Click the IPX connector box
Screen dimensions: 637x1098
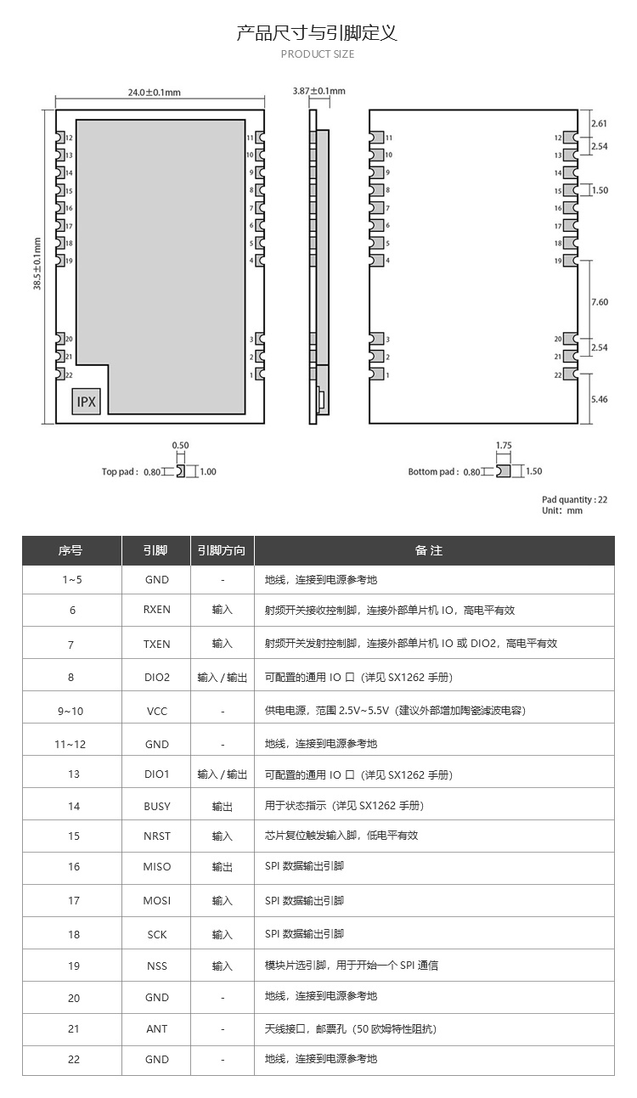click(87, 402)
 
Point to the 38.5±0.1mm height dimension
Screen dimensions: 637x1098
click(37, 264)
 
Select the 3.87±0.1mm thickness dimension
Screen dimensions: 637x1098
click(318, 91)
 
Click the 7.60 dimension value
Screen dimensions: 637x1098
click(599, 302)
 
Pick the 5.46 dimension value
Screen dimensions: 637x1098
click(599, 399)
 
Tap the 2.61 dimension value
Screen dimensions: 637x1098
click(599, 123)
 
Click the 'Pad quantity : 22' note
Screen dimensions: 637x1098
click(575, 499)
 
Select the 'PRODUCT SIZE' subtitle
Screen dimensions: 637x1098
click(318, 54)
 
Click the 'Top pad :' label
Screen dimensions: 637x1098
click(120, 471)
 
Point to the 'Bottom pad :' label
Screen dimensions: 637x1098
click(433, 471)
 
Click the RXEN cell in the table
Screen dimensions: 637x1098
click(157, 610)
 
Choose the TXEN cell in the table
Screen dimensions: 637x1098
click(157, 644)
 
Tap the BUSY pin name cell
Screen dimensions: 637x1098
click(157, 806)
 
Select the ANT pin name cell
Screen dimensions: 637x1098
click(157, 1028)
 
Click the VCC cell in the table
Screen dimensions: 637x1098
click(157, 711)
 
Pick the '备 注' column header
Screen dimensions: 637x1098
click(429, 550)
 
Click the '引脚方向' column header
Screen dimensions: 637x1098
click(222, 550)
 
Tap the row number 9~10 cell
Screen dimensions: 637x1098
click(72, 711)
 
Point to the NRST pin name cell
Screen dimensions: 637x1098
click(157, 836)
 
